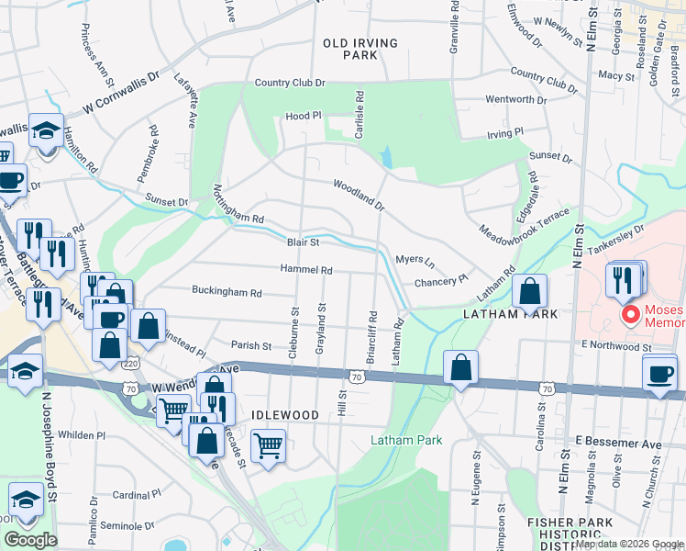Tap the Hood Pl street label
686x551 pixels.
tap(304, 117)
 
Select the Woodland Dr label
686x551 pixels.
tap(359, 195)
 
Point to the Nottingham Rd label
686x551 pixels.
tap(238, 208)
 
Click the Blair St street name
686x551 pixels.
tap(303, 243)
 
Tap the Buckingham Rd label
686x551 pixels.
tap(227, 292)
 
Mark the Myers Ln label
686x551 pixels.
tap(414, 260)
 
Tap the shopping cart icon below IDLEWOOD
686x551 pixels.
tap(267, 446)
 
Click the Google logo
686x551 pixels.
tap(31, 540)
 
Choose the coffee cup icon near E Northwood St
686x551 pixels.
tap(659, 373)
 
